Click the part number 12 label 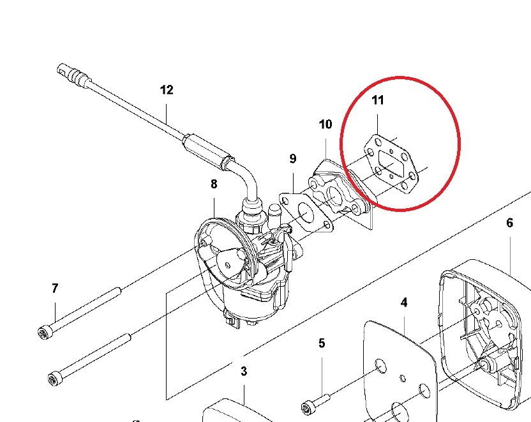point(167,90)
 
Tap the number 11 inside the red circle point(378,100)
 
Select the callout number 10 point(325,124)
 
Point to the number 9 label point(293,158)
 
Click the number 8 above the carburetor point(214,185)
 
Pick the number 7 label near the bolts point(55,288)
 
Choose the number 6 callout point(510,223)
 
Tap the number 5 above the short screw point(322,343)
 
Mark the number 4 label point(403,303)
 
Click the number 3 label point(244,371)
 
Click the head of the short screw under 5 point(308,407)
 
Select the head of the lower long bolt point(54,379)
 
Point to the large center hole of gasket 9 point(306,213)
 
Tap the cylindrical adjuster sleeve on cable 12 point(207,151)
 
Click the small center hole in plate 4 point(403,378)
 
